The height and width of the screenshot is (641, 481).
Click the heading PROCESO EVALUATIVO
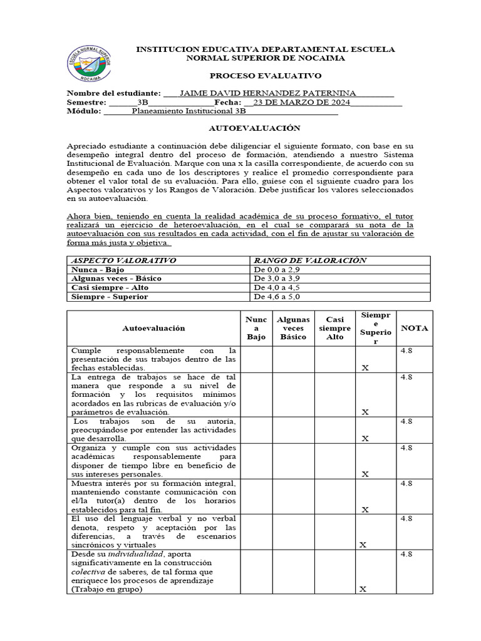click(266, 75)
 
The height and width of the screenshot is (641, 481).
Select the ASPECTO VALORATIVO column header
click(123, 260)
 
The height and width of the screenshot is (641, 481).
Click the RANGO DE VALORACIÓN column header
click(309, 260)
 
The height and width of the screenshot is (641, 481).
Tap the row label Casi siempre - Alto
click(110, 288)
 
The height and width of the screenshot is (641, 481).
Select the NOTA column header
click(415, 328)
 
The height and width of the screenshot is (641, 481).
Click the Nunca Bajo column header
click(256, 328)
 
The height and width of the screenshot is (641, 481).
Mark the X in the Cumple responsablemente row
click(365, 368)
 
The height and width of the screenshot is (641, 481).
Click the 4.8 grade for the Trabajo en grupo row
click(406, 555)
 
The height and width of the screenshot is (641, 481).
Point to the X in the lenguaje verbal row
click(363, 545)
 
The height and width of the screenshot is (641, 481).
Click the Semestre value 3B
click(142, 102)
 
